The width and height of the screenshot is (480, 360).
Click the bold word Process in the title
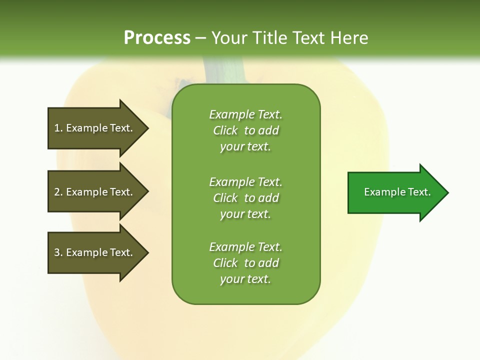[x=157, y=38]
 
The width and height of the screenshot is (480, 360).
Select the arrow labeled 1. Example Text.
[x=95, y=128]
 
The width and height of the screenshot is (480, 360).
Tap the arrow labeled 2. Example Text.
[x=95, y=192]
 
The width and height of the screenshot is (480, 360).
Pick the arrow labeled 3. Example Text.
[x=95, y=252]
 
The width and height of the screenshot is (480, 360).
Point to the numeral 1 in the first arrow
[x=57, y=128]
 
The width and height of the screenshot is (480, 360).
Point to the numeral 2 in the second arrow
[x=57, y=192]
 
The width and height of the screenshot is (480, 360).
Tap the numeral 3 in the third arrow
[x=57, y=252]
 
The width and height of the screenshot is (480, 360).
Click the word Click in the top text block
[x=225, y=130]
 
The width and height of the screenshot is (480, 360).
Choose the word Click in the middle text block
[x=225, y=198]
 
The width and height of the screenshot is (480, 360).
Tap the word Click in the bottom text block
[x=225, y=263]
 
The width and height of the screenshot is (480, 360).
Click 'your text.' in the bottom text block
[x=245, y=279]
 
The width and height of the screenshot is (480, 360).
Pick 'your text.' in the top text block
[x=245, y=146]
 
